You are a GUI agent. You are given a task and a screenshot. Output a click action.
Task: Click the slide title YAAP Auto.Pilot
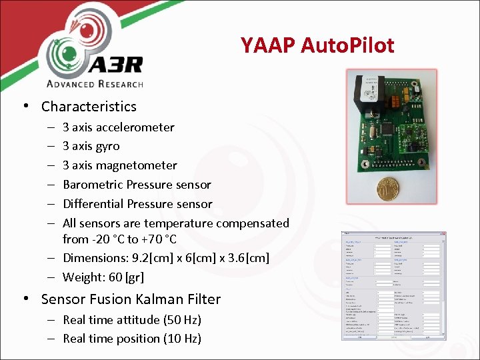pyautogui.click(x=317, y=45)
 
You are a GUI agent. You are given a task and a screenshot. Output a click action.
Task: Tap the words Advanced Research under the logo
pyautogui.click(x=95, y=84)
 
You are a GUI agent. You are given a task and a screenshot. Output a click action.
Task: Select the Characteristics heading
pyautogui.click(x=89, y=107)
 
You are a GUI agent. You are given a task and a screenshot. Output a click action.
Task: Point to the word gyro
pyautogui.click(x=108, y=146)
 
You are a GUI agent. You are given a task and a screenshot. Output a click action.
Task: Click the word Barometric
pyautogui.click(x=93, y=185)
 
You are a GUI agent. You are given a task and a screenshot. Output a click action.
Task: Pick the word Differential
pyautogui.click(x=93, y=204)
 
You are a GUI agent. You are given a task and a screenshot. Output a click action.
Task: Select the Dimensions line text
pyautogui.click(x=166, y=258)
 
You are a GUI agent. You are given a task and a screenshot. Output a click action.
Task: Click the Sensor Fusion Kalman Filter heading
pyautogui.click(x=131, y=299)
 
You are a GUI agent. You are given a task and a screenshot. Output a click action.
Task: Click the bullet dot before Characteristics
pyautogui.click(x=25, y=107)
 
